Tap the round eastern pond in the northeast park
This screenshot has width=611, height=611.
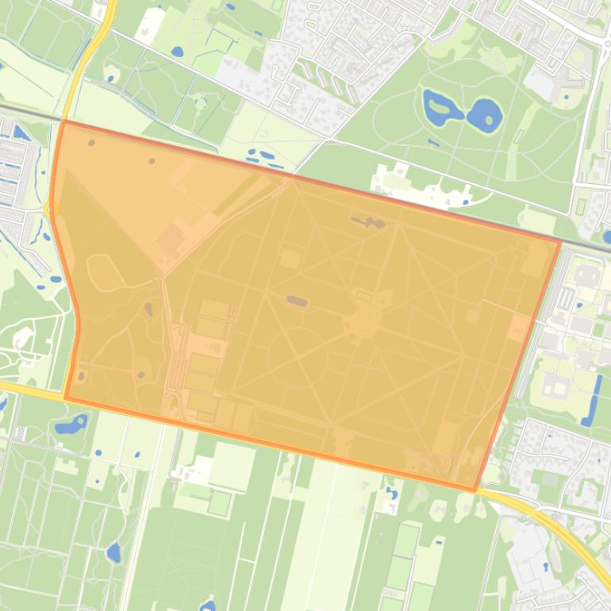click(483, 115)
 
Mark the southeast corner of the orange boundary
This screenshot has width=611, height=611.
click(476, 490)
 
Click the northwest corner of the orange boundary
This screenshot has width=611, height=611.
click(63, 122)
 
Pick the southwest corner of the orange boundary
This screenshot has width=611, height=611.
click(66, 397)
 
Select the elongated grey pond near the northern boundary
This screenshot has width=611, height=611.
click(368, 223)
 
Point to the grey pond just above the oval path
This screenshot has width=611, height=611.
click(297, 301)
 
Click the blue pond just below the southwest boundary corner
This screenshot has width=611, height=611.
click(71, 424)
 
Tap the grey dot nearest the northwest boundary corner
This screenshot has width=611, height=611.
click(91, 144)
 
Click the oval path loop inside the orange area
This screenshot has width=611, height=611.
click(298, 357)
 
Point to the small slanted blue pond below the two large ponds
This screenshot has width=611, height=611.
click(433, 144)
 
